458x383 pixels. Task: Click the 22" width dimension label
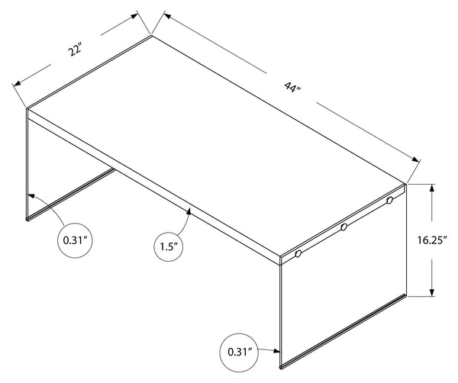(74, 51)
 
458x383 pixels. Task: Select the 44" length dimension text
(292, 87)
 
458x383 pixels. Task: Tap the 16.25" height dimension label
(432, 240)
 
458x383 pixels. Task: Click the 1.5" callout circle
(168, 247)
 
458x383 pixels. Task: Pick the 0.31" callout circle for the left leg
(75, 240)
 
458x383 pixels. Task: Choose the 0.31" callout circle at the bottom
(240, 352)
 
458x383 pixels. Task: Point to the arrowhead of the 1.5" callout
(189, 211)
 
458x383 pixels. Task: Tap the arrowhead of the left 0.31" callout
(31, 195)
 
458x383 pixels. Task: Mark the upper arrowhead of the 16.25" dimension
(432, 188)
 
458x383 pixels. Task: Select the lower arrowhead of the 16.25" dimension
(432, 292)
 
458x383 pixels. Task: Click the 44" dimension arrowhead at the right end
(415, 159)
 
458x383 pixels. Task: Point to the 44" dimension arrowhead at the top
(168, 15)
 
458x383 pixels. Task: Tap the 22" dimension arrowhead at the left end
(18, 83)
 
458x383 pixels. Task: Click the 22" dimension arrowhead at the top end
(134, 16)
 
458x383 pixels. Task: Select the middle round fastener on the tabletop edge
(343, 227)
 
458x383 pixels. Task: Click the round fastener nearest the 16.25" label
(389, 200)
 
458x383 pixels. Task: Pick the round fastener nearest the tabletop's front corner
(298, 253)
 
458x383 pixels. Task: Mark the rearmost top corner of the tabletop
(152, 35)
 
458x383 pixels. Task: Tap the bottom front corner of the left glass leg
(27, 219)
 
